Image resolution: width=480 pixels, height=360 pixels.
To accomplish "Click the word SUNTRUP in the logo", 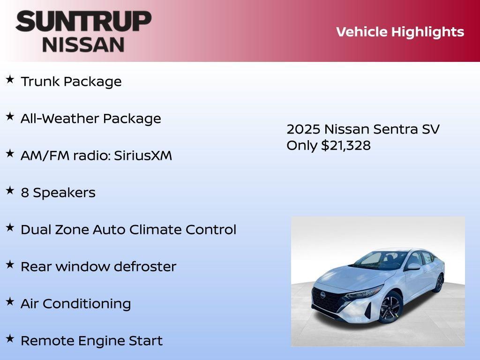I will click(x=83, y=22).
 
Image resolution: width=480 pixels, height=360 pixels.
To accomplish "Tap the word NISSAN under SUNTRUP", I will click(x=83, y=44).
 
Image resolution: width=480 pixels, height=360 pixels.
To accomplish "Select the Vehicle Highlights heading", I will click(x=400, y=32).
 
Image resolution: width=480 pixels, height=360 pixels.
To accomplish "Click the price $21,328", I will click(x=346, y=145).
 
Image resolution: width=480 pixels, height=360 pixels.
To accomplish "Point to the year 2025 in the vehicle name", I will click(x=303, y=129).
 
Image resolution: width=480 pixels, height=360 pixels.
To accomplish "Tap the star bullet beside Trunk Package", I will click(x=10, y=80).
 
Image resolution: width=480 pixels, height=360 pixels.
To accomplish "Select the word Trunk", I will click(x=40, y=82).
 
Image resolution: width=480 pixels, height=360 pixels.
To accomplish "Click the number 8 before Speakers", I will click(x=25, y=193).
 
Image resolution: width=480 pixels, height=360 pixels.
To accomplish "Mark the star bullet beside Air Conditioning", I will click(x=10, y=302).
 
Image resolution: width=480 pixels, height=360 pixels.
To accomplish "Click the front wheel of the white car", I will click(x=390, y=307).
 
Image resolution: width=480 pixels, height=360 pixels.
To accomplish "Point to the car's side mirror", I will click(x=413, y=266).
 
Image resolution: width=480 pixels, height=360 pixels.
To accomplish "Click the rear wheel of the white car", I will click(x=439, y=283).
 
